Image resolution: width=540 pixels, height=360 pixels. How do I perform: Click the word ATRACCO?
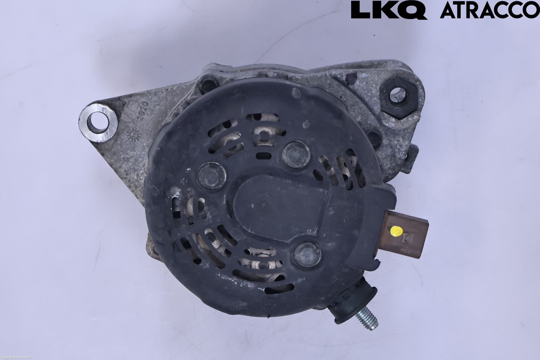489,10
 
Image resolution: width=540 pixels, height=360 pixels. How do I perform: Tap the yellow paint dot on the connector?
397,231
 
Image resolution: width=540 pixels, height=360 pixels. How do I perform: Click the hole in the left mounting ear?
98,121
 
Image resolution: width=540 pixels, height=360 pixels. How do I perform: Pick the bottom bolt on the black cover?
307,254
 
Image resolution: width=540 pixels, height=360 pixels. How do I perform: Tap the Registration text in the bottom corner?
15,357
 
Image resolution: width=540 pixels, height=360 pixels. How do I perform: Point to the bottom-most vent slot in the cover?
281,289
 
